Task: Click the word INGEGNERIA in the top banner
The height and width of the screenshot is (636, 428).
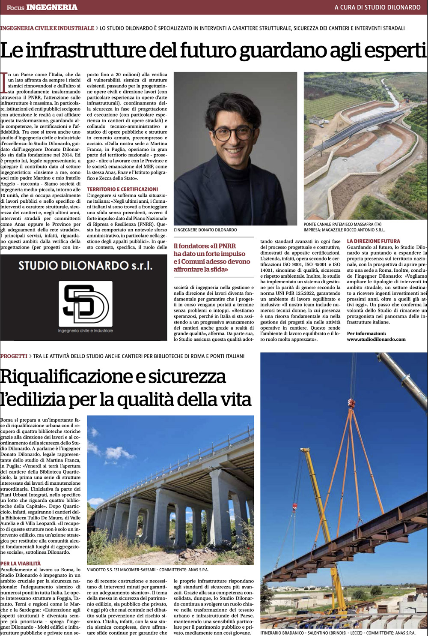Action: [52, 7]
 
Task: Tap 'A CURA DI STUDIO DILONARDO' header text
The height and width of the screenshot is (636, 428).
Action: [377, 7]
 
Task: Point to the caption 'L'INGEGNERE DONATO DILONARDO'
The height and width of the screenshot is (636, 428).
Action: [205, 230]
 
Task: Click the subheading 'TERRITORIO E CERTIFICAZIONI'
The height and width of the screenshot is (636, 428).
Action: [122, 189]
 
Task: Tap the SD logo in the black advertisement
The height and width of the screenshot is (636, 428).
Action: [86, 304]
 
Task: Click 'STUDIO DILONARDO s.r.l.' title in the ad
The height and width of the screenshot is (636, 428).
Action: [85, 266]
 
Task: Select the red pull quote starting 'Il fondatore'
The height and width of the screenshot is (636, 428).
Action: [212, 258]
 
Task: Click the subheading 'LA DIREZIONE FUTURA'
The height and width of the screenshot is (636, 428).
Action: [373, 241]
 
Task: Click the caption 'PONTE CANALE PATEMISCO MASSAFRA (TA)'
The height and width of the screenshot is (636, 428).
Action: [342, 224]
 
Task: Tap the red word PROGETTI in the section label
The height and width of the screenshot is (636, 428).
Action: [14, 356]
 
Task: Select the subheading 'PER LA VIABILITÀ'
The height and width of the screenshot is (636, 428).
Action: [21, 563]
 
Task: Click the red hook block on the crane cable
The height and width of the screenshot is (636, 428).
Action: [352, 403]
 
